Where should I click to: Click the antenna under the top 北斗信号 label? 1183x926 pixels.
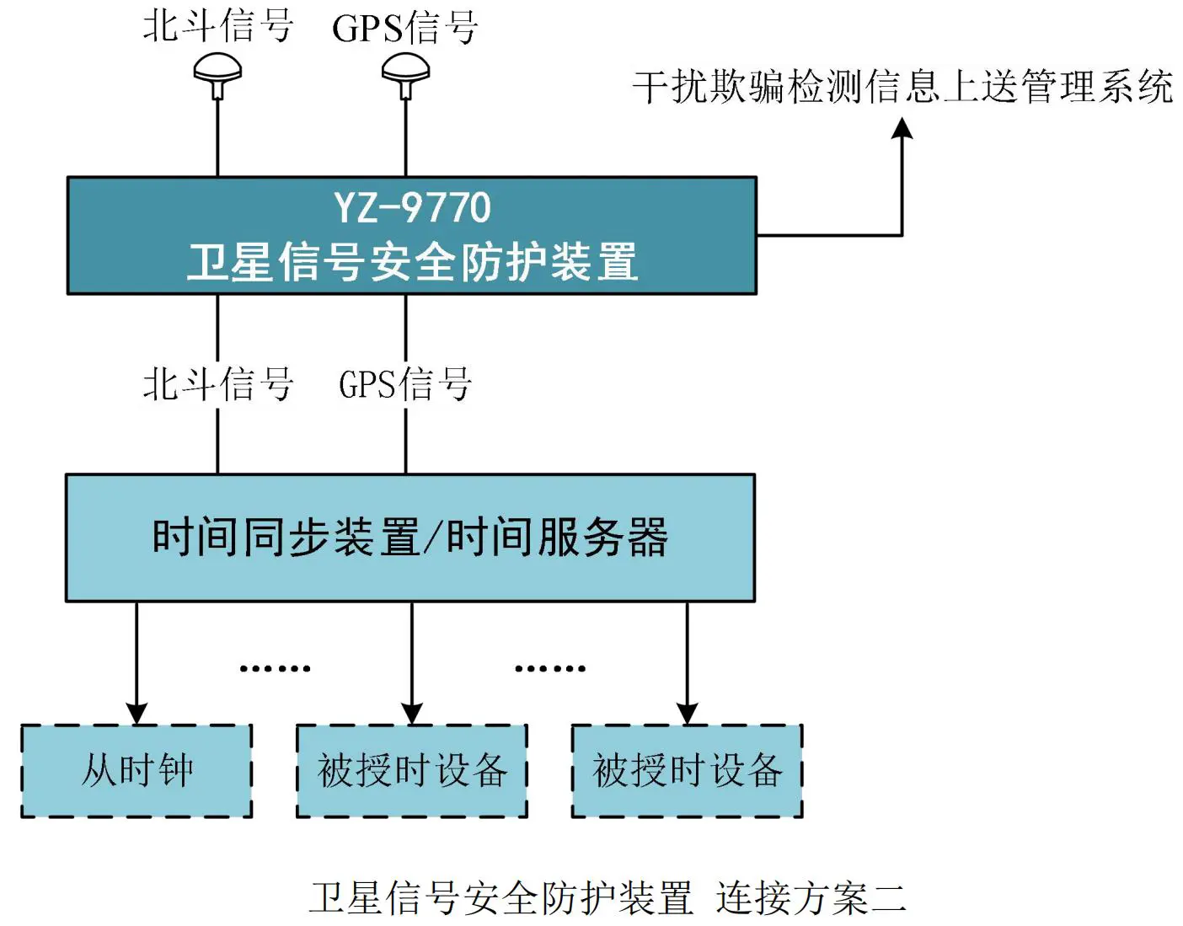pos(217,72)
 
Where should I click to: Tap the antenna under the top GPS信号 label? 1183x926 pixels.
pos(405,72)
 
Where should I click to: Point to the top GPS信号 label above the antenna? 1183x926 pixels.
pos(405,27)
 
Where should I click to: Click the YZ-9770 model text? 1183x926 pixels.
pos(412,207)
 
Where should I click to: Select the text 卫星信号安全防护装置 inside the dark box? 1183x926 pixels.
pos(412,262)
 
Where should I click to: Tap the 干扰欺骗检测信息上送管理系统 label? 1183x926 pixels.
pos(902,87)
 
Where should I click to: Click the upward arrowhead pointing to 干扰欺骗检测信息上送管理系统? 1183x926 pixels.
pos(902,129)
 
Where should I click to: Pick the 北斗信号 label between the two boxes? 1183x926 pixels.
pos(217,384)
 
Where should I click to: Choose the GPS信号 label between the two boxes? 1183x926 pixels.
pos(405,384)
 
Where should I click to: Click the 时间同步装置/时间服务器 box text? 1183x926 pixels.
pos(410,538)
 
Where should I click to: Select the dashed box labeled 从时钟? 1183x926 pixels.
pos(136,771)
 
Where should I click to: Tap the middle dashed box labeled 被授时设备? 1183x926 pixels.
pos(412,771)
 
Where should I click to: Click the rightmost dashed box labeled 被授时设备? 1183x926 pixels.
pos(687,771)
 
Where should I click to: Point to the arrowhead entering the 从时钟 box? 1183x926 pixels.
pos(136,713)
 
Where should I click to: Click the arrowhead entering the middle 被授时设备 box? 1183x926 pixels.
pos(412,713)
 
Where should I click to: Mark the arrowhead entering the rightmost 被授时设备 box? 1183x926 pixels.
pos(687,713)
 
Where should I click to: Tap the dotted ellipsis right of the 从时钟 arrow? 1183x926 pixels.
pos(275,668)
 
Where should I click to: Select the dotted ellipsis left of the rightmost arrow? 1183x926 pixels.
pos(549,668)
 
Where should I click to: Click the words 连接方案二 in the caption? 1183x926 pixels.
pos(811,898)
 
